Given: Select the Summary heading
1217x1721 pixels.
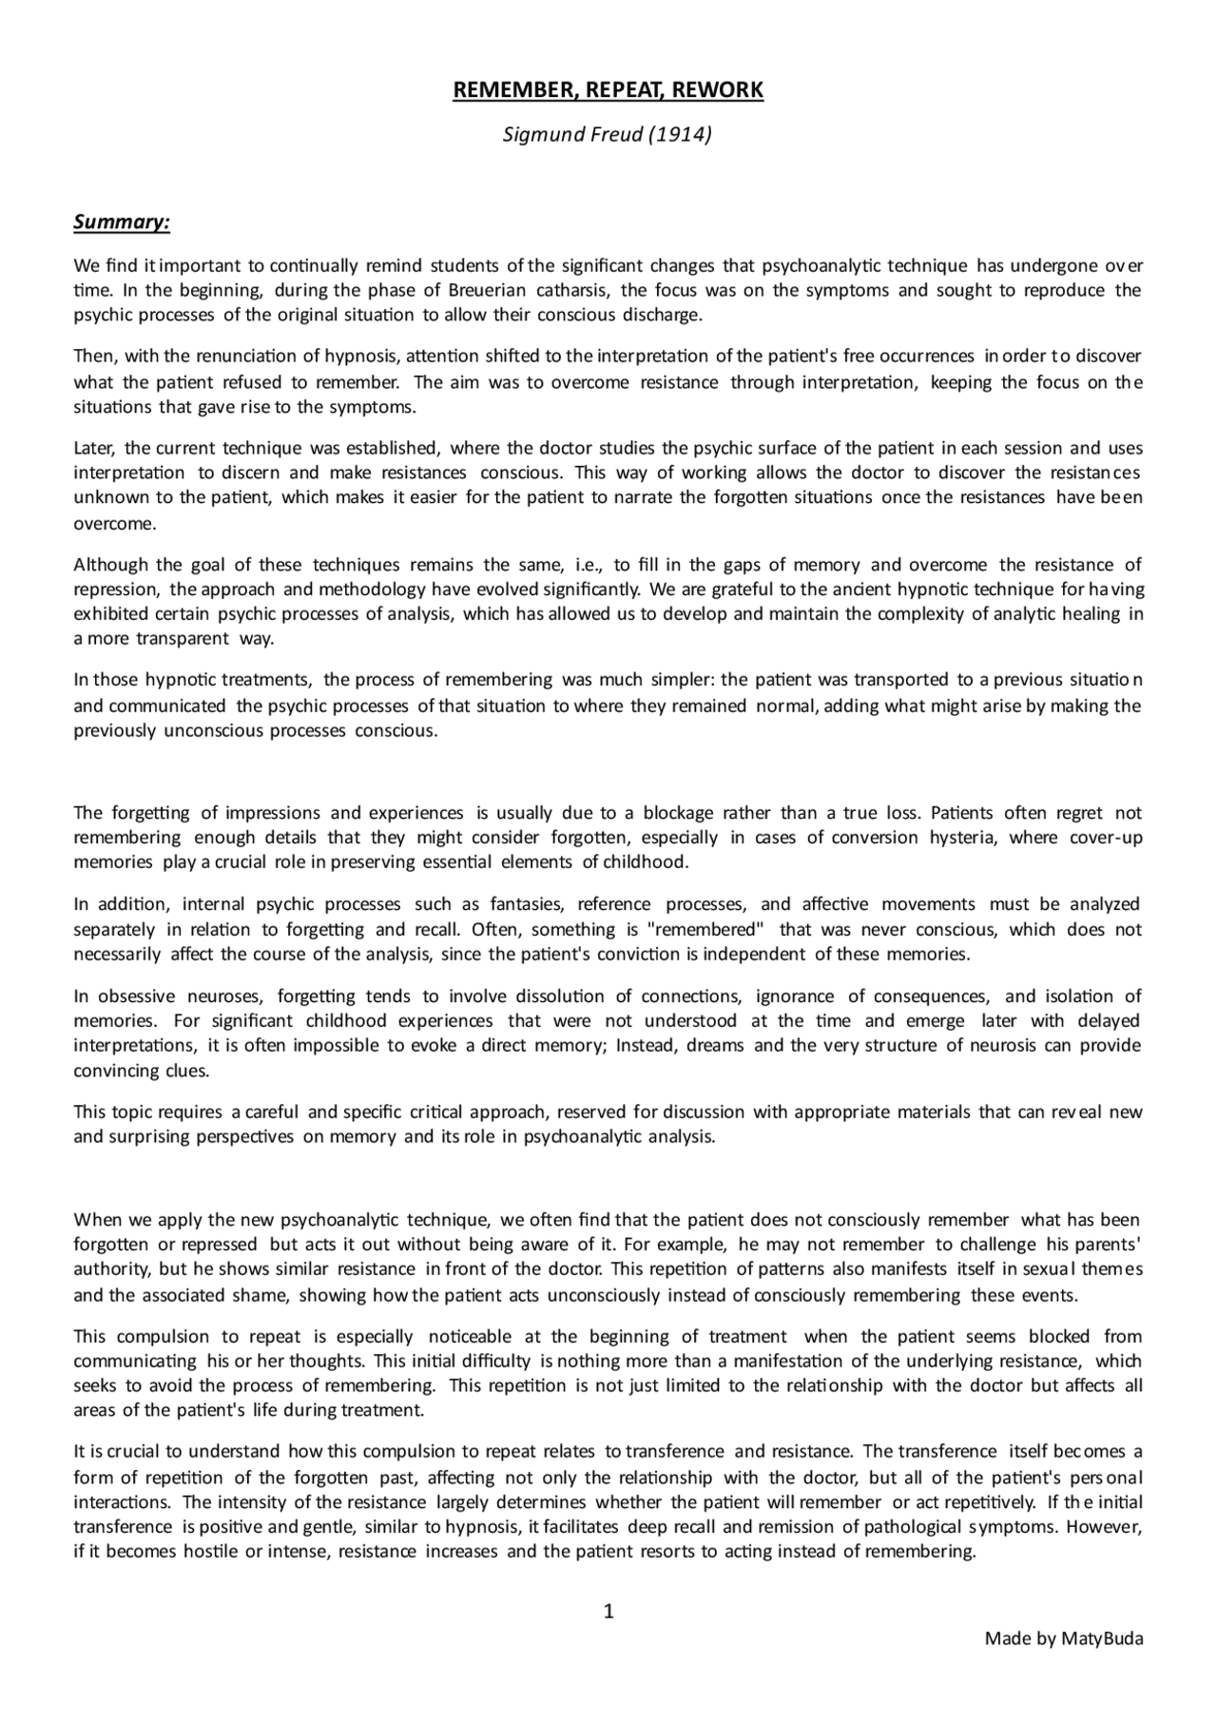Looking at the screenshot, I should [122, 222].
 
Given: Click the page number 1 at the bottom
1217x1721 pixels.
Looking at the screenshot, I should [608, 1612].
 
